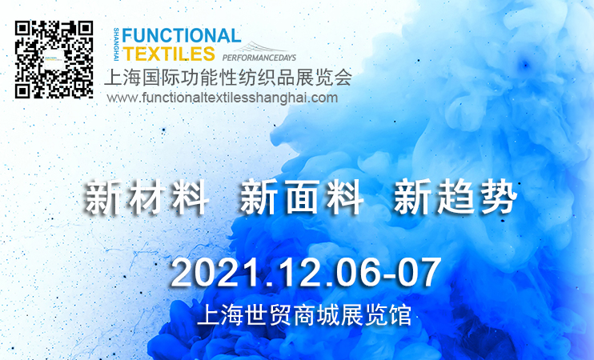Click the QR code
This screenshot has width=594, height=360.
tap(54, 60)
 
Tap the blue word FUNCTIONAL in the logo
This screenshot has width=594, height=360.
tap(182, 36)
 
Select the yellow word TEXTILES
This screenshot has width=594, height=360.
tap(169, 54)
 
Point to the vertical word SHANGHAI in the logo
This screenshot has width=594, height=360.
tap(116, 44)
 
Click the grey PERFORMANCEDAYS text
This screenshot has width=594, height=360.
tap(259, 58)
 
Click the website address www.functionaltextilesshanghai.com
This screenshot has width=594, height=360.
tap(223, 98)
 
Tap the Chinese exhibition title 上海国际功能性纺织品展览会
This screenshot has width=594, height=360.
tap(228, 78)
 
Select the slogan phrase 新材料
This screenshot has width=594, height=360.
tap(146, 198)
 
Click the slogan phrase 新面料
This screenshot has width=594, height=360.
tap(301, 198)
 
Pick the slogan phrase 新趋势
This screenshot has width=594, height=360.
tap(456, 198)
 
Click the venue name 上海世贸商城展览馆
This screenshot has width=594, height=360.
tap(304, 315)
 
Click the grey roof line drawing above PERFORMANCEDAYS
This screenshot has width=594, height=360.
tap(262, 48)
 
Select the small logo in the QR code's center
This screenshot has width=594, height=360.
tap(54, 60)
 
